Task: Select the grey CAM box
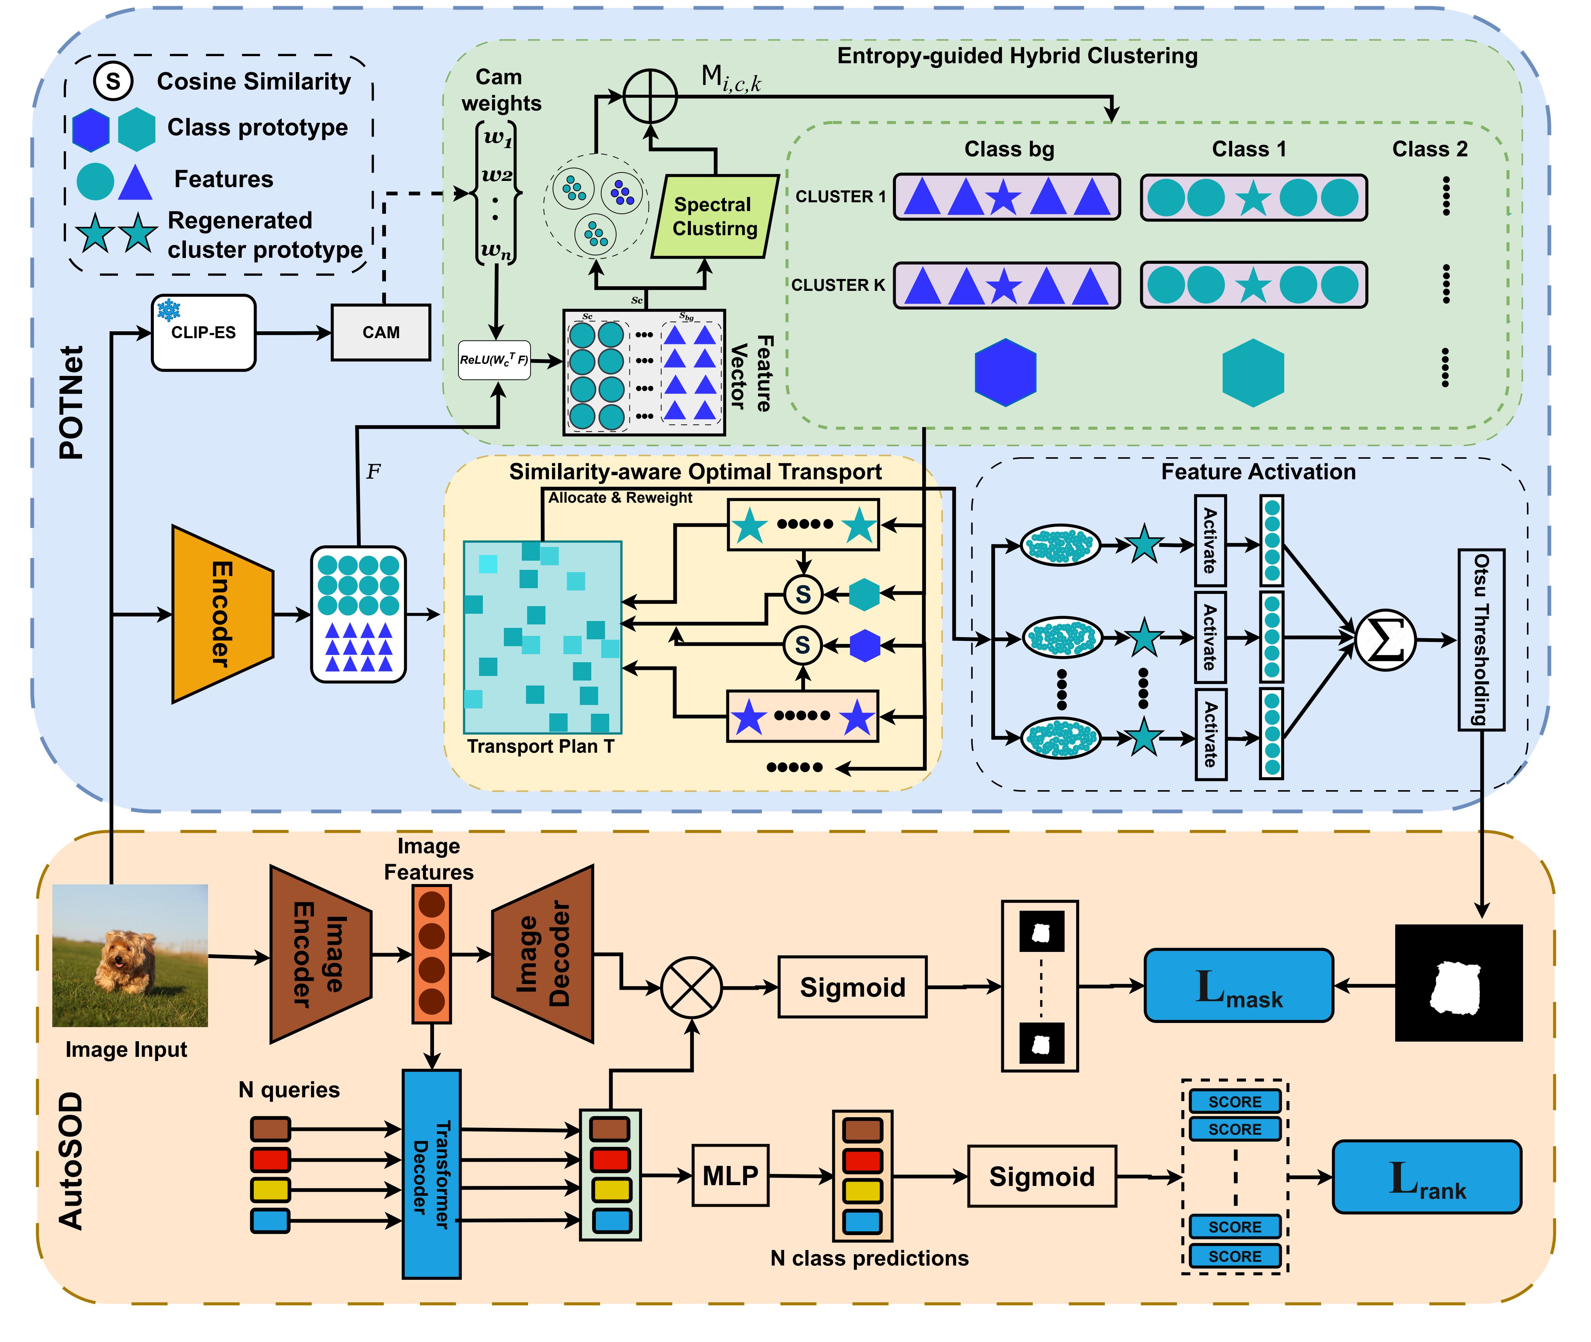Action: pyautogui.click(x=381, y=332)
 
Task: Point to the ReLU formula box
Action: pyautogui.click(x=494, y=360)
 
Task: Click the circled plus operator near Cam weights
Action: pyautogui.click(x=650, y=96)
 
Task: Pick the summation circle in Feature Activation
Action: pyautogui.click(x=1385, y=640)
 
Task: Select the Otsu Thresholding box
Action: pyautogui.click(x=1481, y=639)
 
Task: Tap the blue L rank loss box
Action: pyautogui.click(x=1426, y=1176)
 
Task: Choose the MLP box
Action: pyautogui.click(x=730, y=1175)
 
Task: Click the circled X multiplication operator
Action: pyautogui.click(x=691, y=987)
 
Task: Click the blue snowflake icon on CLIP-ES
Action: pyautogui.click(x=168, y=310)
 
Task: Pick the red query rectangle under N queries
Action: pyautogui.click(x=270, y=1160)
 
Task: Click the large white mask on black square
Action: pyautogui.click(x=1458, y=983)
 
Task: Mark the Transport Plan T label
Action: pyautogui.click(x=540, y=746)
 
